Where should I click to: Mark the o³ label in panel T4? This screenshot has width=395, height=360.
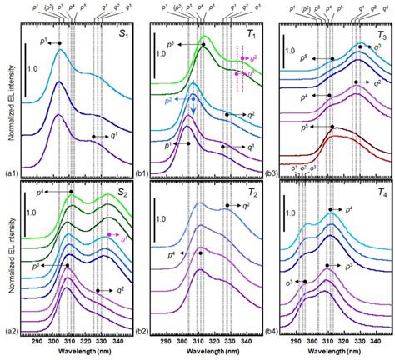click(x=287, y=283)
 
